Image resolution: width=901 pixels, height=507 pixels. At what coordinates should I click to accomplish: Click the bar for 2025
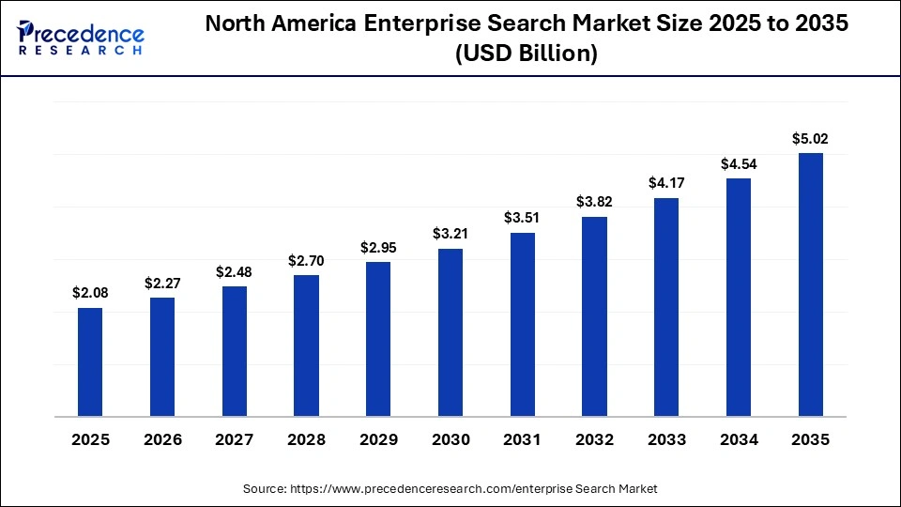tap(90, 361)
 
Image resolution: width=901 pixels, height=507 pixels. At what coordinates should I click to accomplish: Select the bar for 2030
tap(450, 332)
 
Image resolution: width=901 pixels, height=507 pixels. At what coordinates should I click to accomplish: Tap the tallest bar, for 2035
tap(810, 284)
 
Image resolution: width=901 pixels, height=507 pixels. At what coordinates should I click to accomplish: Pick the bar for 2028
tap(306, 346)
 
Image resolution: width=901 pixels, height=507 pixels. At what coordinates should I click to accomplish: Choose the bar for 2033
tap(666, 307)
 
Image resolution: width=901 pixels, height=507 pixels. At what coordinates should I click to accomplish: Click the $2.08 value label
tap(90, 293)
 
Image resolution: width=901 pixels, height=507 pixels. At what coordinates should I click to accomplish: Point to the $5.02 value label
tap(810, 139)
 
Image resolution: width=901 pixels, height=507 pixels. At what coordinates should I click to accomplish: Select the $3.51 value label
tap(523, 218)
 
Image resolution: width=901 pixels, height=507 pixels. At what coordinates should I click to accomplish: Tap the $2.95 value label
tap(378, 248)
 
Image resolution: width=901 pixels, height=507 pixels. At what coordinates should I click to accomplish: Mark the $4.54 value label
tap(739, 163)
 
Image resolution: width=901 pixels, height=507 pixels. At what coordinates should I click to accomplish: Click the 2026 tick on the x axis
tap(162, 439)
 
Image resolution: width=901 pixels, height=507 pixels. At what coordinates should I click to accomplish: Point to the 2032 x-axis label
tap(594, 439)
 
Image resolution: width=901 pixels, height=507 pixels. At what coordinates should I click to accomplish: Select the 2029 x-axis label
tap(378, 439)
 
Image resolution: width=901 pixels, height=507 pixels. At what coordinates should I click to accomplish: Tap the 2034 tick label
tap(739, 439)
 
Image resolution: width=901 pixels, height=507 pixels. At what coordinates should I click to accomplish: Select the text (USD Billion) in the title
tap(526, 54)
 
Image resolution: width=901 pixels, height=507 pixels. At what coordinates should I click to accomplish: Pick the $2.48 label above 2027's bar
tap(235, 271)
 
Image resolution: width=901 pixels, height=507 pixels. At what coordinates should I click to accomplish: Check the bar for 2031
tap(523, 324)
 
